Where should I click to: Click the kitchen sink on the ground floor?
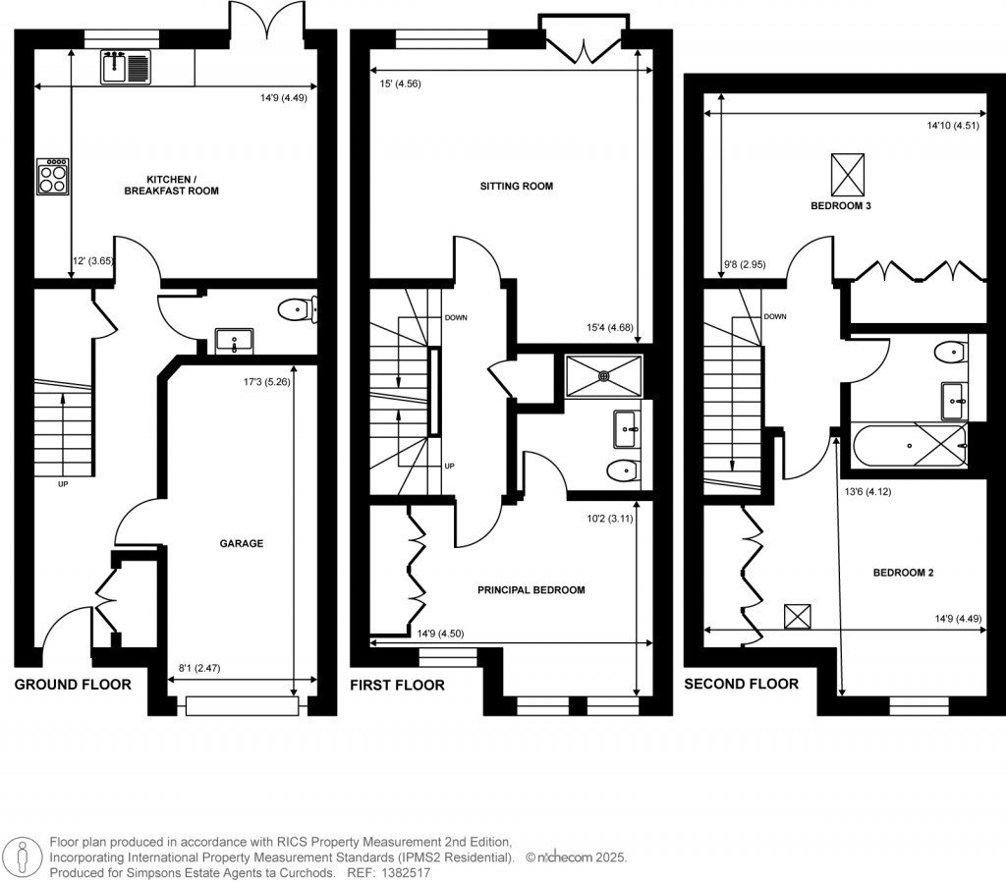tap(125, 67)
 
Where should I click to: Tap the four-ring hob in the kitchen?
tap(52, 177)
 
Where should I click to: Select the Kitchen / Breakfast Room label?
tap(183, 185)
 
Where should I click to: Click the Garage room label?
tap(241, 543)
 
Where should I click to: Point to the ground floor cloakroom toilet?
tap(295, 310)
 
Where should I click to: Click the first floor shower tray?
tap(603, 373)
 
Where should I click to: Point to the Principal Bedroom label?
tap(531, 590)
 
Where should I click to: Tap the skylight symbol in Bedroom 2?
tap(798, 616)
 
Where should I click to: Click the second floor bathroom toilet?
tap(949, 352)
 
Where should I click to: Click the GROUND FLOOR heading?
tap(72, 685)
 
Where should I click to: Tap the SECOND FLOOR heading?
tap(741, 684)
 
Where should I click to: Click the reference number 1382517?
tap(404, 872)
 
